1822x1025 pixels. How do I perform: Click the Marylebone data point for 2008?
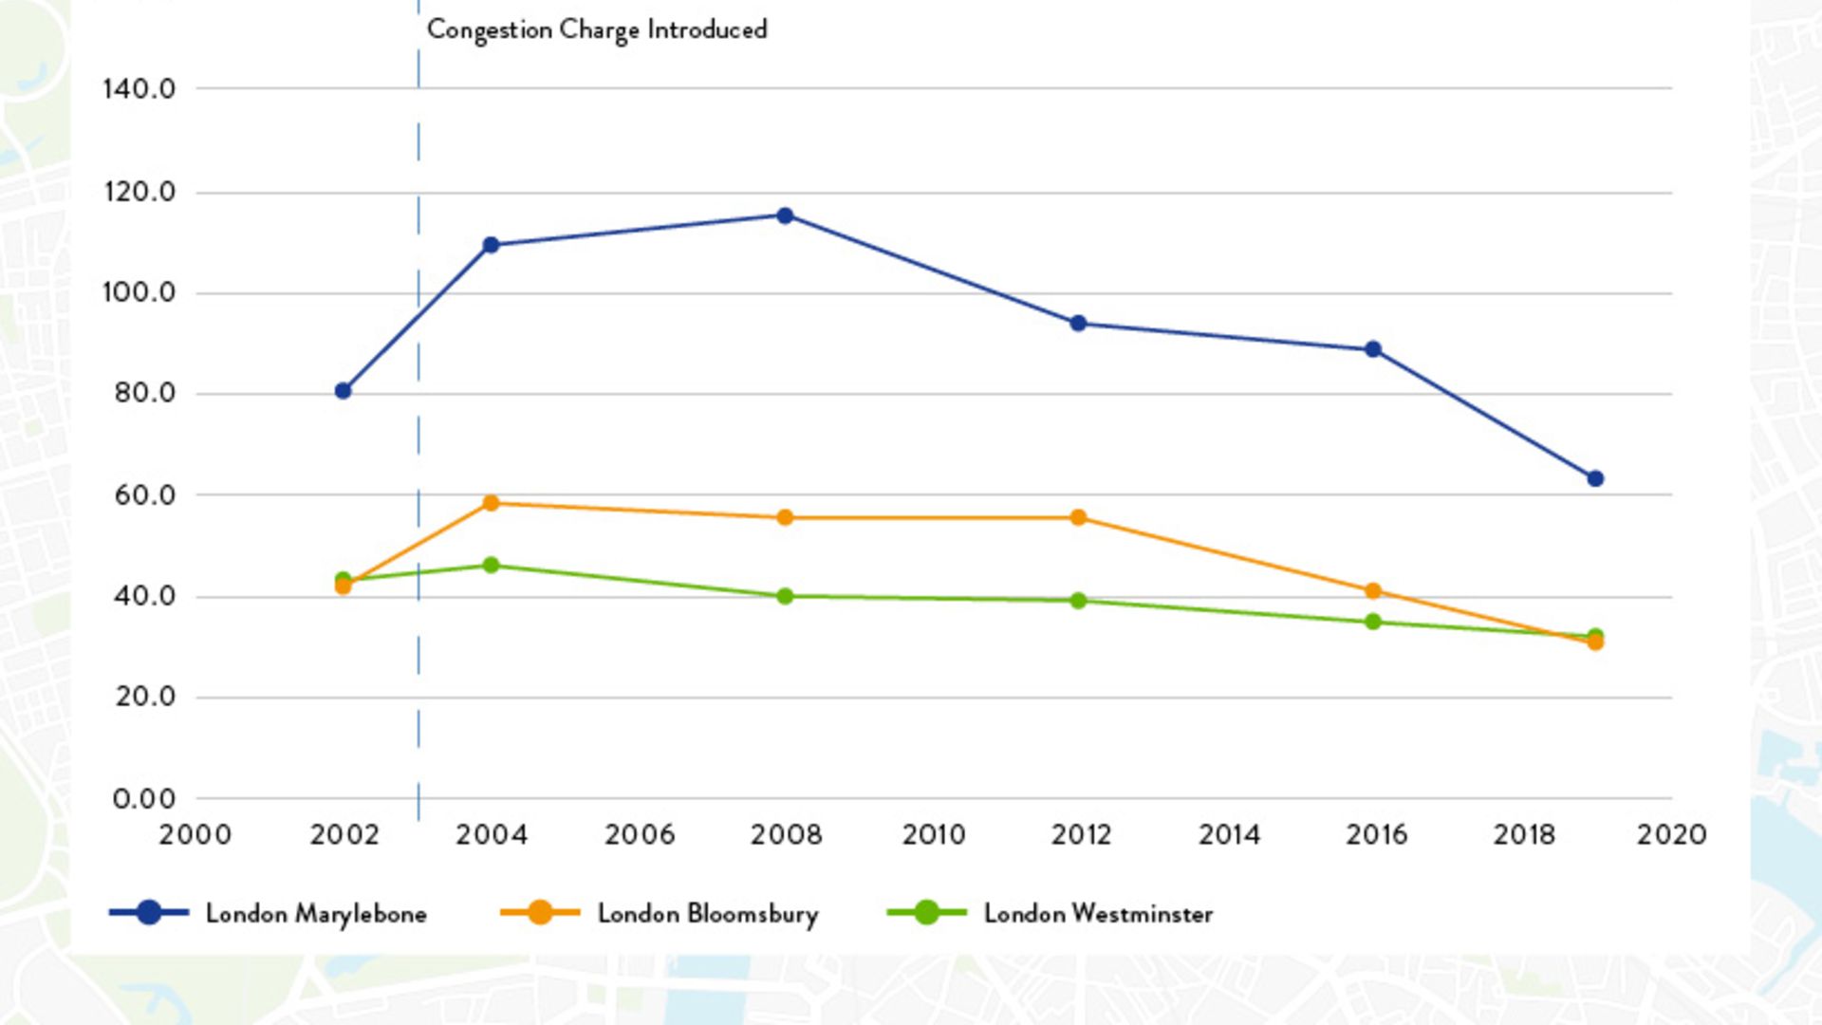coord(785,215)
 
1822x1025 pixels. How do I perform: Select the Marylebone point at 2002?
coord(344,391)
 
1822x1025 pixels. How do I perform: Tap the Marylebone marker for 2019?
coord(1595,478)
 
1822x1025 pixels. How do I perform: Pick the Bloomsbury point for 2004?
coord(491,503)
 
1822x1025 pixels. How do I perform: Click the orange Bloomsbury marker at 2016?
coord(1372,591)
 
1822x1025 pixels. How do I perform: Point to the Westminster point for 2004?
coord(491,566)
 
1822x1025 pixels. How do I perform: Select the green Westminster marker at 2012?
coord(1078,601)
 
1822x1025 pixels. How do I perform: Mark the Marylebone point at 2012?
coord(1078,324)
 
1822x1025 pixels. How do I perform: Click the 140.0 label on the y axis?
coord(139,89)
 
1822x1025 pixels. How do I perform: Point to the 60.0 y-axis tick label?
coord(145,495)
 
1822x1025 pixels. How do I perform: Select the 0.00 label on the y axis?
coord(144,799)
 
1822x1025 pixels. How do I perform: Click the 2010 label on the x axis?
coord(934,835)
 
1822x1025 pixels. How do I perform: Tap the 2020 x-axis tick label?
coord(1671,835)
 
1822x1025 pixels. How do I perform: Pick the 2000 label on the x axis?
coord(195,835)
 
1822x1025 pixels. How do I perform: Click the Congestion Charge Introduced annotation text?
coord(597,30)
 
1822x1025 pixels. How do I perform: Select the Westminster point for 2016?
coord(1372,622)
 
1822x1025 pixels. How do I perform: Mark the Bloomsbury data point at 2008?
coord(785,517)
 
